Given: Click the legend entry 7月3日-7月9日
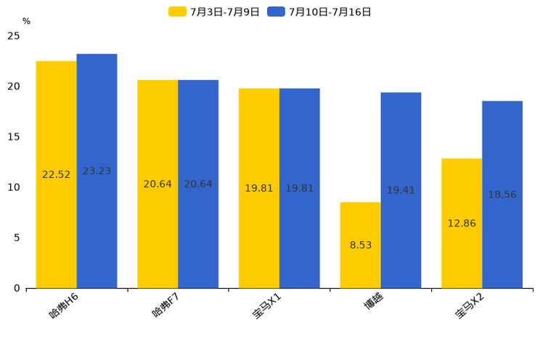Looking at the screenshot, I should [214, 12].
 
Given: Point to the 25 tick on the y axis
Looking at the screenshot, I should [13, 36].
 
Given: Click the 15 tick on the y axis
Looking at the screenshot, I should [13, 137].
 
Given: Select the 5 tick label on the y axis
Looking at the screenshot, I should [16, 238].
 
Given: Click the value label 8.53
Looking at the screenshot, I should [361, 245].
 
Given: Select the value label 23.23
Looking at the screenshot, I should [97, 171].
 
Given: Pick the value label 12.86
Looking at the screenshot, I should [462, 224].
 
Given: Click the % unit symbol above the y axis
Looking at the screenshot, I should [26, 21].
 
